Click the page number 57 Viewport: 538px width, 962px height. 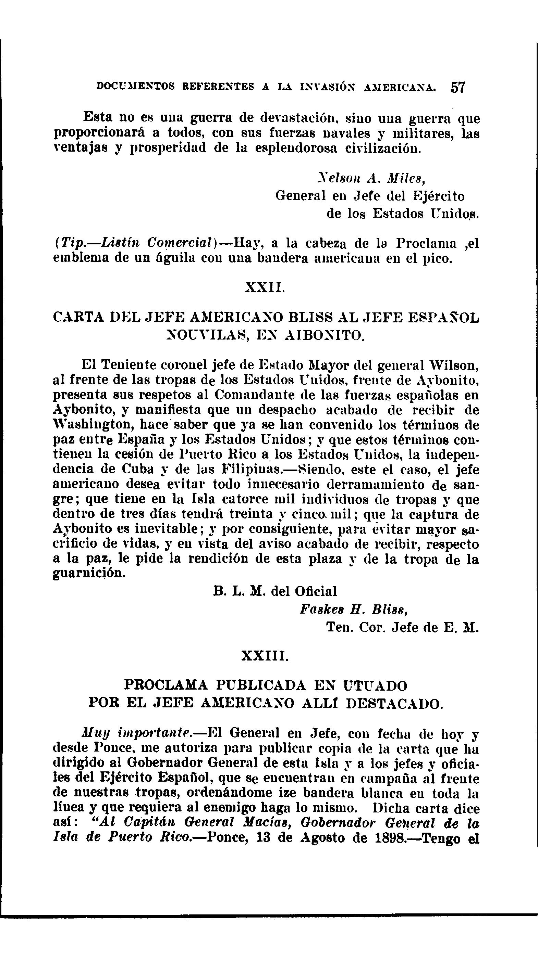coord(457,87)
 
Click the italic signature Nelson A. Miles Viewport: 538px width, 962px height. coord(370,180)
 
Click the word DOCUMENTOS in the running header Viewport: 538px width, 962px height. coord(136,87)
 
